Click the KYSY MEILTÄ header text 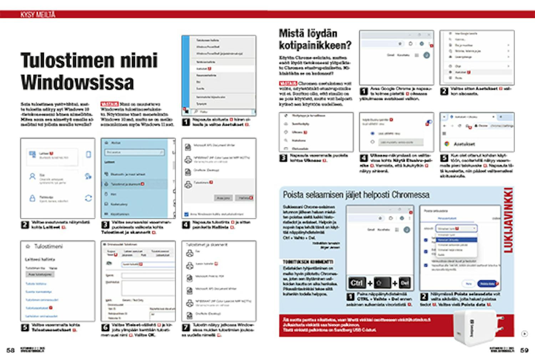coord(38,15)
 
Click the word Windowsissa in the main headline coord(77,82)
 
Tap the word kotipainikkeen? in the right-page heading coord(315,45)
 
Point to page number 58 coord(11,350)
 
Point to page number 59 coord(524,350)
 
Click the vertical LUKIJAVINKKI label coord(508,220)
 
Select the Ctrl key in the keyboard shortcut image coord(357,283)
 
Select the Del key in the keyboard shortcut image coord(404,283)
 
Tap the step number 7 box coord(186,327)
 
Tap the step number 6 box coord(105,327)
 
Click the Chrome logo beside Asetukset coord(447,144)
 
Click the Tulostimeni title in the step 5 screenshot coord(48,247)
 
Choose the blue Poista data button coord(487,284)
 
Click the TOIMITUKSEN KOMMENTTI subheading coord(308,262)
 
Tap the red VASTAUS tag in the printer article coord(109,104)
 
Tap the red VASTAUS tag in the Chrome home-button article coord(288,83)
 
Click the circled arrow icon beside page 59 coord(524,334)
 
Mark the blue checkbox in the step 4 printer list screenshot coord(186,214)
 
